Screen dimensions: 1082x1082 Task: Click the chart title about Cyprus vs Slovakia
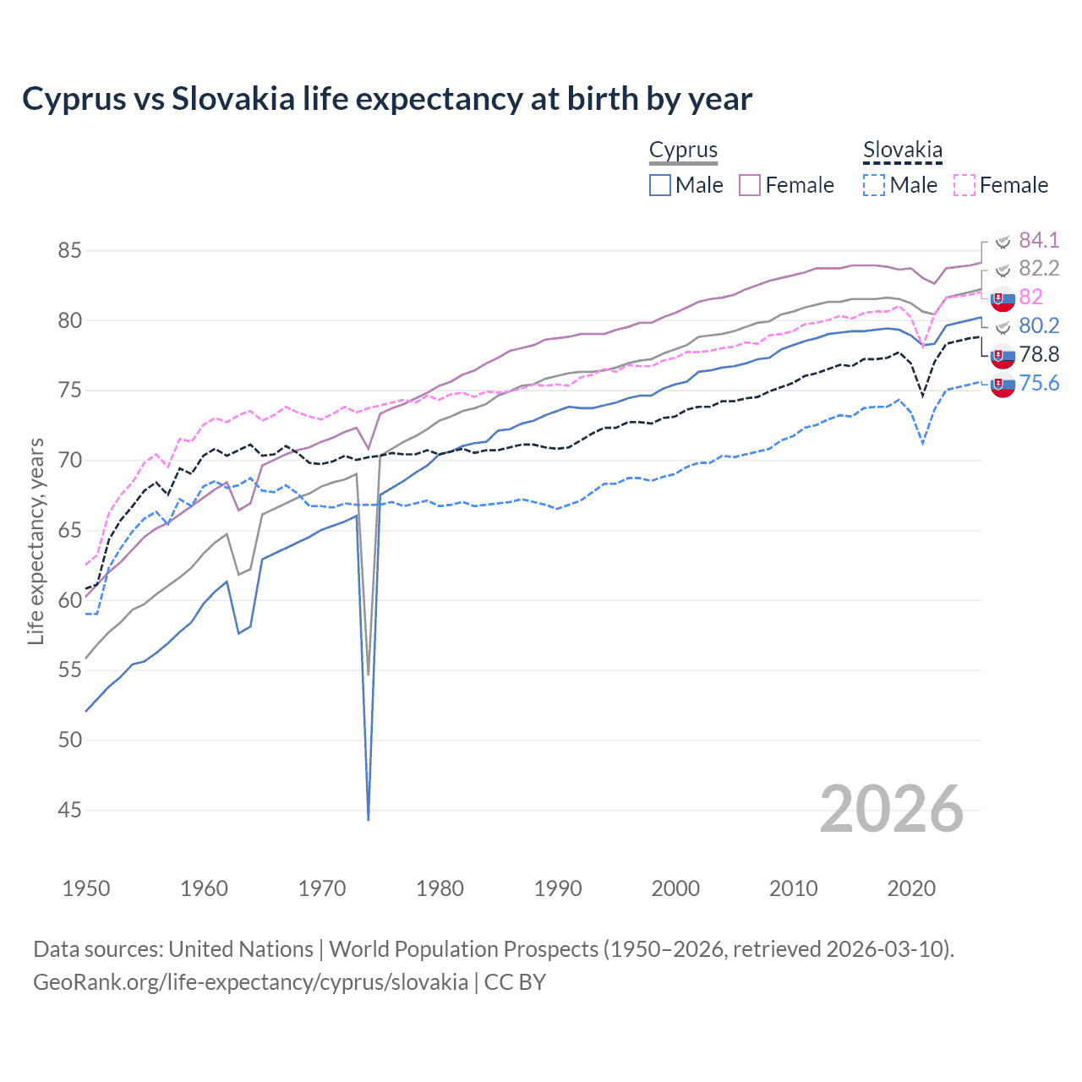[386, 99]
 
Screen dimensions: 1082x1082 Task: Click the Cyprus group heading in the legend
[683, 150]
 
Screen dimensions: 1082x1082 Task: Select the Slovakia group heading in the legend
[902, 150]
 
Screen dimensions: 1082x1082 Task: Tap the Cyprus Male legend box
[660, 185]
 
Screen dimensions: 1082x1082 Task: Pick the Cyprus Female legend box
[750, 185]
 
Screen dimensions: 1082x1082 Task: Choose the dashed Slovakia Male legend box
[874, 185]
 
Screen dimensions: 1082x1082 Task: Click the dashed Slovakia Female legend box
[964, 185]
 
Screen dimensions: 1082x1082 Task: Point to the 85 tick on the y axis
[70, 251]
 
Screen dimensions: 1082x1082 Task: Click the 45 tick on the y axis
[70, 811]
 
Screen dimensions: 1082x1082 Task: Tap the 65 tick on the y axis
[70, 531]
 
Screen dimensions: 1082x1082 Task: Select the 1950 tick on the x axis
[86, 888]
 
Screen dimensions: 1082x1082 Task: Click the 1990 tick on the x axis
[558, 888]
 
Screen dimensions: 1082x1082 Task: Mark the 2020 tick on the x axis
[911, 888]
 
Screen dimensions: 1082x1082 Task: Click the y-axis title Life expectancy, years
[36, 541]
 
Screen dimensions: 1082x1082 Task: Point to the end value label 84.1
[1039, 240]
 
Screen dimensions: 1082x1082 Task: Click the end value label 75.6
[1039, 384]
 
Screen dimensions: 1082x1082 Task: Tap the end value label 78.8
[1039, 355]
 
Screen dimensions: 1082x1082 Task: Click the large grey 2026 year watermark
[892, 809]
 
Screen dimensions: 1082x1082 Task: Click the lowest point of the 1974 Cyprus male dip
[369, 819]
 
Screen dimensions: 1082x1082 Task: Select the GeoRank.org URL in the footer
[250, 982]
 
